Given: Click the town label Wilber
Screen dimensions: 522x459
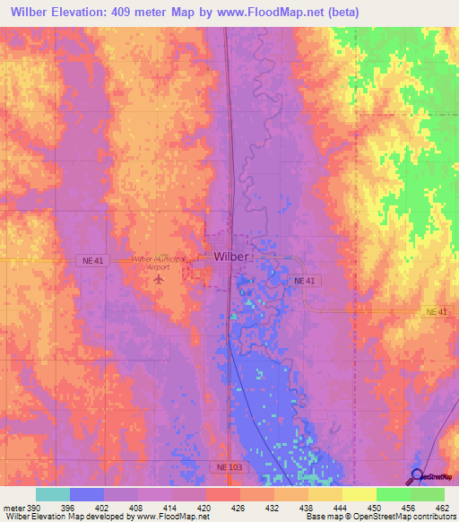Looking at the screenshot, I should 231,257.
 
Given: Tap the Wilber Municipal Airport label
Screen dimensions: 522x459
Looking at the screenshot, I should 159,262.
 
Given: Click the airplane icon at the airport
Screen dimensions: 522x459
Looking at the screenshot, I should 160,279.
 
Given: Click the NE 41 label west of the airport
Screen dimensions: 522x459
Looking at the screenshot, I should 91,259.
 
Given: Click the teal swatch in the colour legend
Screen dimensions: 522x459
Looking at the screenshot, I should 53,494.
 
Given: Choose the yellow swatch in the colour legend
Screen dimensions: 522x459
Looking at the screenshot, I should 359,494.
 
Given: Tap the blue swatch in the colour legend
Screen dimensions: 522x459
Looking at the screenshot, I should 87,494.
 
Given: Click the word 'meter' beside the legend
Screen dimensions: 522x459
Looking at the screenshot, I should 13,506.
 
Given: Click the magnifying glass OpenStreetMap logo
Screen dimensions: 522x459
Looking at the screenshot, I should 416,476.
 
